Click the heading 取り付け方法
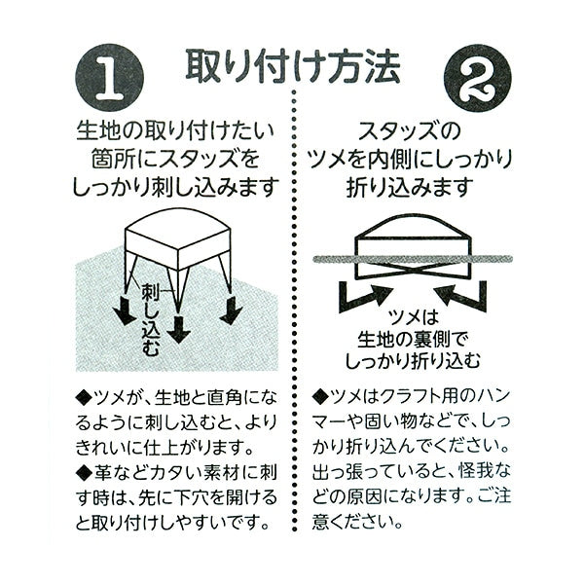292,66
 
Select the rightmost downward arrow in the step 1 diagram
231,310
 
